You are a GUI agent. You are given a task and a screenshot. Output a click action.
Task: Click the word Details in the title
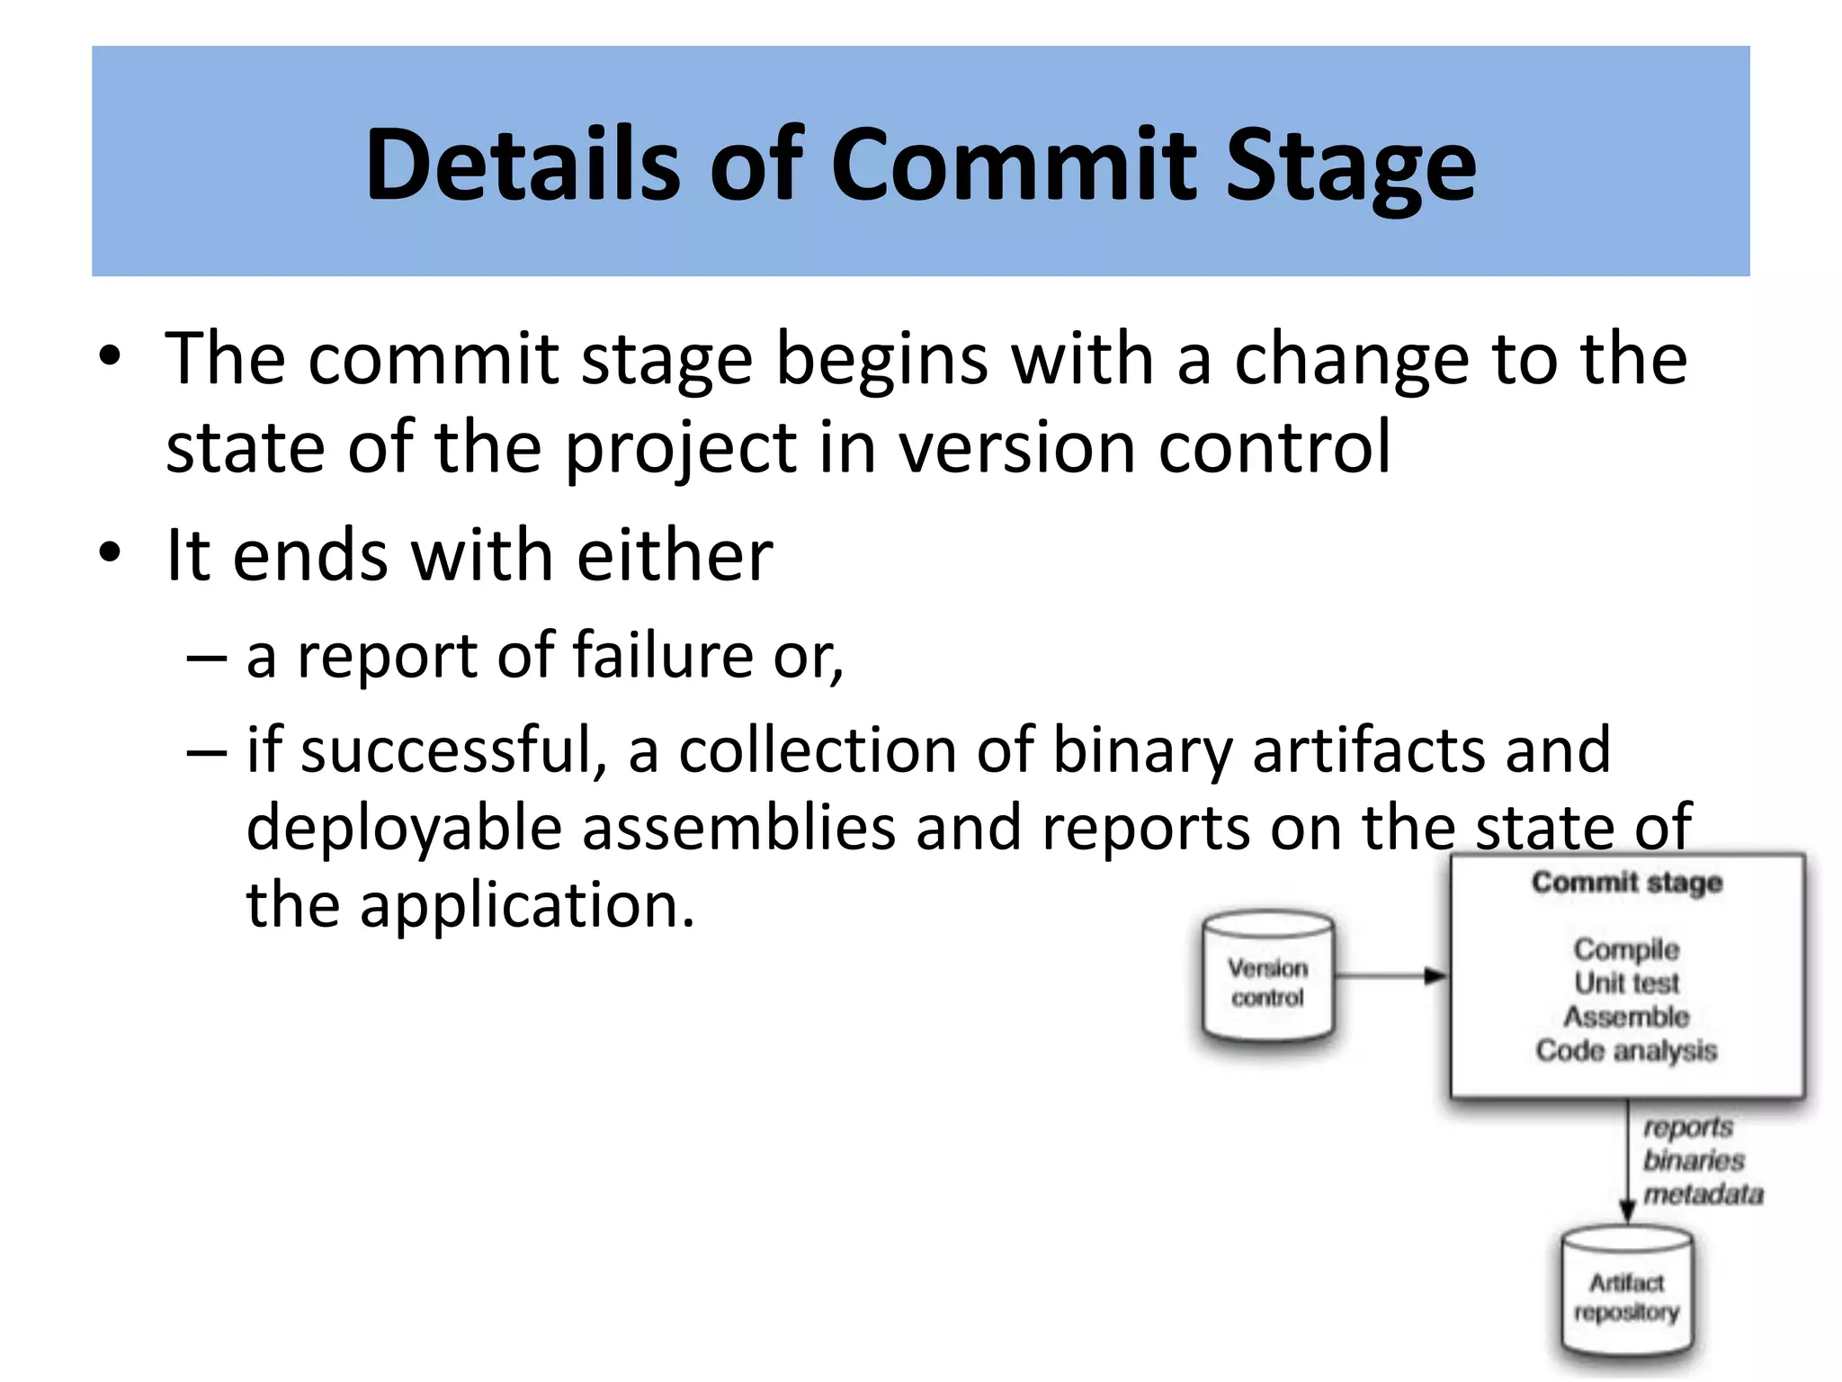523,165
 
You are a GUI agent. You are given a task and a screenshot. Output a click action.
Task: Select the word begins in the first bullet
882,359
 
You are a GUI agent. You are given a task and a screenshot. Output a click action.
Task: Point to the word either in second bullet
675,555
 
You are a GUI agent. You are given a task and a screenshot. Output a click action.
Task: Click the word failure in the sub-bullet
662,655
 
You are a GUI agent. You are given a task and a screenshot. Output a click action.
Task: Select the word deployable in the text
404,827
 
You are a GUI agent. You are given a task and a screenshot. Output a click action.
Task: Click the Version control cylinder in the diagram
1268,981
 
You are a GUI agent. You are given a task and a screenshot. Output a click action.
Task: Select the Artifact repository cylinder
1627,1296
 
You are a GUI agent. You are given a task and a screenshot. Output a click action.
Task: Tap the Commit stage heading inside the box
1627,882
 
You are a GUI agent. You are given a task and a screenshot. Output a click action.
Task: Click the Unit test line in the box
1627,983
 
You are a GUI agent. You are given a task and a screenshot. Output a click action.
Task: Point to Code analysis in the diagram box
1627,1050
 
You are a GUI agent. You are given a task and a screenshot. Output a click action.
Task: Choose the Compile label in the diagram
1627,948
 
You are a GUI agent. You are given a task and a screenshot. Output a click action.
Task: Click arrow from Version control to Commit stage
1390,975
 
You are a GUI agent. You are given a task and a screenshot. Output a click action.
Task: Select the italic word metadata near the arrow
1703,1195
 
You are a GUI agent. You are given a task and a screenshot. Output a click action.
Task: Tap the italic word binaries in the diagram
1694,1161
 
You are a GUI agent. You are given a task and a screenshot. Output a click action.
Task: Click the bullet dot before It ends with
110,553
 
